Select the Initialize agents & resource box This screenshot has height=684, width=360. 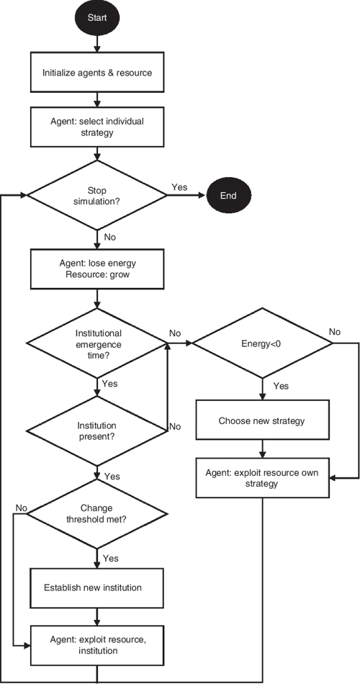click(96, 73)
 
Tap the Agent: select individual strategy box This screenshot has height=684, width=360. click(96, 127)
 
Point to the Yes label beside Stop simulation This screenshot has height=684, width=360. click(179, 186)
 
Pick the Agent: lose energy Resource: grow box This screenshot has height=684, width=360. click(96, 269)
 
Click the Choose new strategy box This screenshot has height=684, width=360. click(262, 420)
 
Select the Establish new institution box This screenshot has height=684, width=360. click(96, 588)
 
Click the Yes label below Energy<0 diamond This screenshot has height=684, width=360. click(281, 386)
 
